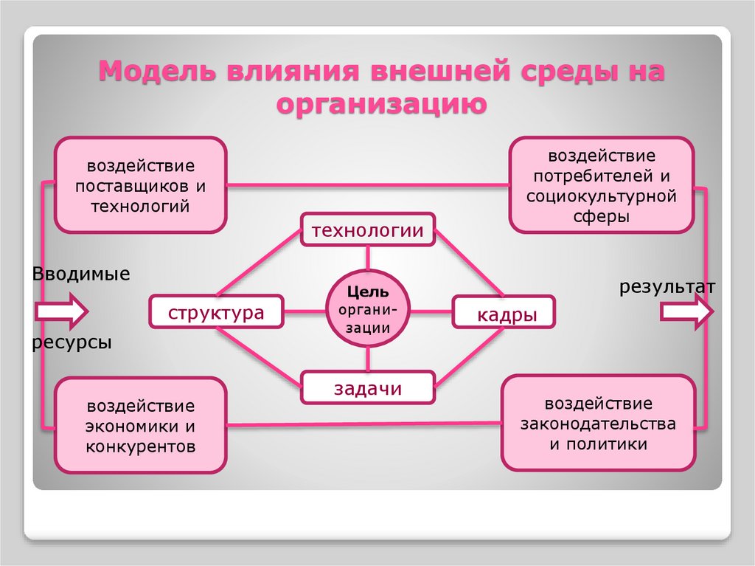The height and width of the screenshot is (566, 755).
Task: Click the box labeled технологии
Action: click(367, 230)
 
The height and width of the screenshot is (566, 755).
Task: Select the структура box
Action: click(217, 311)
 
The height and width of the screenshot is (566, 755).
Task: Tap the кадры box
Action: click(504, 313)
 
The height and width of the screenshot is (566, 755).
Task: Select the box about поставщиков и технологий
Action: click(141, 184)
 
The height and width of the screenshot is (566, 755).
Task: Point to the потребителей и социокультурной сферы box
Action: click(601, 185)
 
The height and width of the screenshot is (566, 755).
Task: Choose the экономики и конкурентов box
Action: click(141, 425)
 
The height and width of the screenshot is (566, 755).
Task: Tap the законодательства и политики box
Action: click(598, 423)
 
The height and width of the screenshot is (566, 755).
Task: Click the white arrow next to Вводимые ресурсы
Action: click(62, 311)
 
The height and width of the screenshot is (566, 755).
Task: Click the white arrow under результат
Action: click(686, 311)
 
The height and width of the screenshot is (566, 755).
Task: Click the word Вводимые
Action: click(81, 275)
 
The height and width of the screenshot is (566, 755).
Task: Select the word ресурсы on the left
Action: click(72, 342)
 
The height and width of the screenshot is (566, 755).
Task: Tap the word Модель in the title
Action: click(158, 73)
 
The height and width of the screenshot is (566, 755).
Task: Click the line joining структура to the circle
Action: click(305, 311)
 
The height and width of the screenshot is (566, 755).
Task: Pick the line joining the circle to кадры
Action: click(431, 311)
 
